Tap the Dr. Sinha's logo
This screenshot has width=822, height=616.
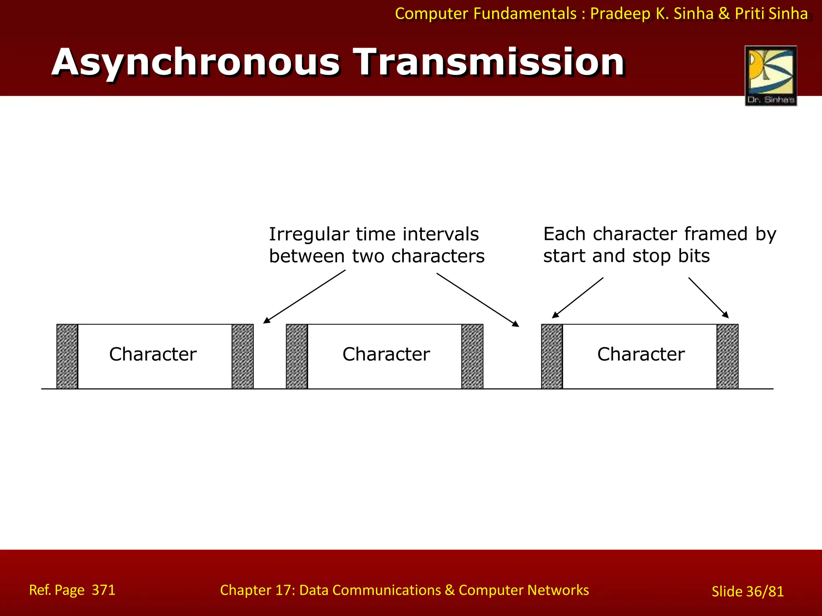pyautogui.click(x=771, y=75)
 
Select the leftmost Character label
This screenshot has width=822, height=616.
pyautogui.click(x=153, y=354)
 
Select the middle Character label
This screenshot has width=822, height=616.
pyautogui.click(x=386, y=354)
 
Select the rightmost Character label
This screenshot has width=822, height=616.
pyautogui.click(x=641, y=354)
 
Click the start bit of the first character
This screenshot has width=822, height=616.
pyautogui.click(x=67, y=356)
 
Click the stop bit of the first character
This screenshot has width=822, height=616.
pyautogui.click(x=242, y=356)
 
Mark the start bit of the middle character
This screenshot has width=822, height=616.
pyautogui.click(x=297, y=356)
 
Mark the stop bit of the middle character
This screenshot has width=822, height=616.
pyautogui.click(x=472, y=356)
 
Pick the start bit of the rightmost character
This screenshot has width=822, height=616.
pyautogui.click(x=552, y=356)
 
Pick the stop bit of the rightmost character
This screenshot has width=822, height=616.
pyautogui.click(x=727, y=356)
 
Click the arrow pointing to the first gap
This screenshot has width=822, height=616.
pyautogui.click(x=304, y=296)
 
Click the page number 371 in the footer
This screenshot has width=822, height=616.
pyautogui.click(x=104, y=590)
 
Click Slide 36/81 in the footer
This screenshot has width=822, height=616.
pyautogui.click(x=747, y=592)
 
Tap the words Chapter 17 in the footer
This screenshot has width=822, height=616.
pyautogui.click(x=257, y=590)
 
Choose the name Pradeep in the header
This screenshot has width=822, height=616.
pyautogui.click(x=620, y=14)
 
